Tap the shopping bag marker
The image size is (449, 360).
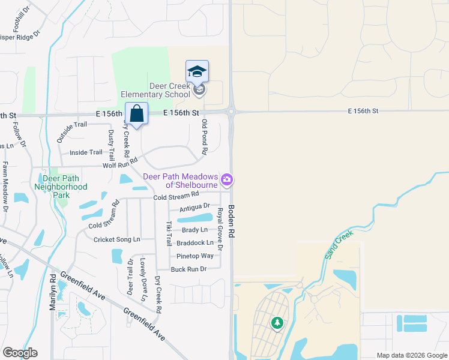137,113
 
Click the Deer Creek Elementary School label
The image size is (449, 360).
155,90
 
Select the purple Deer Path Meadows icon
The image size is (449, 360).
227,179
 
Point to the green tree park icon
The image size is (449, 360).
277,323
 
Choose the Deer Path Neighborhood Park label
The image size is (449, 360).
65,182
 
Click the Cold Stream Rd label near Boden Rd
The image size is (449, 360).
176,196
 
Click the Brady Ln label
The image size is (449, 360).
195,230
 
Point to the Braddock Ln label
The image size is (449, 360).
195,243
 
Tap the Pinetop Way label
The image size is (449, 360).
195,256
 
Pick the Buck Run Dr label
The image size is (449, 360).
188,269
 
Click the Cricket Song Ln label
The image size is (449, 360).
116,239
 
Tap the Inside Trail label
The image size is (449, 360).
86,152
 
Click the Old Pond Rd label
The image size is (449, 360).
205,135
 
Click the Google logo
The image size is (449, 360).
20,353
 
